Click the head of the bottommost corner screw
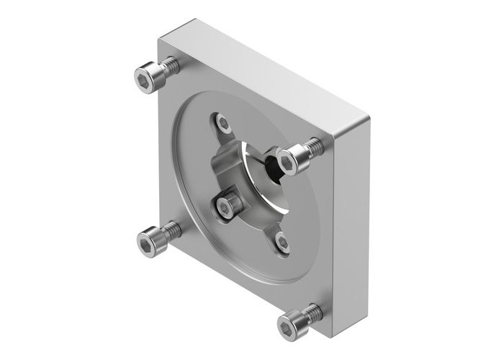coord(294,323)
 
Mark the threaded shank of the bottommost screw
coord(314,311)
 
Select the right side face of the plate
coord(353,216)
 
